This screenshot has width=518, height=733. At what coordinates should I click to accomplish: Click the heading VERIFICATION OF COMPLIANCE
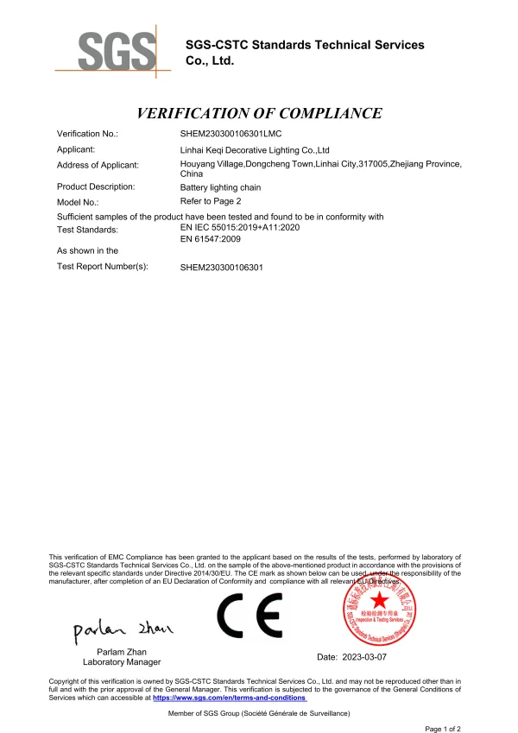[x=259, y=113]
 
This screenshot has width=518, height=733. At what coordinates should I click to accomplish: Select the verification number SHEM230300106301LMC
[x=231, y=134]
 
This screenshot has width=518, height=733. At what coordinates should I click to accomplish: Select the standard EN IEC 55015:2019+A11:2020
[x=239, y=226]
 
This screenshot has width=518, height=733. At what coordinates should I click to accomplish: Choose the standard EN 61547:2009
[x=211, y=239]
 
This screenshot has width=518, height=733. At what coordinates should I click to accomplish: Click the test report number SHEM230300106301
[x=222, y=268]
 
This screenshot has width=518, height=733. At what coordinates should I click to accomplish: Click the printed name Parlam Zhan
[x=122, y=650]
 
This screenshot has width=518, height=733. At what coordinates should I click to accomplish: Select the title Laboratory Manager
[x=122, y=662]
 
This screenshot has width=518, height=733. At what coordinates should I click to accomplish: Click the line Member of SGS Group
[x=259, y=714]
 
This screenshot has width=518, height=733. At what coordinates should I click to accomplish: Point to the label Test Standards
[x=87, y=230]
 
